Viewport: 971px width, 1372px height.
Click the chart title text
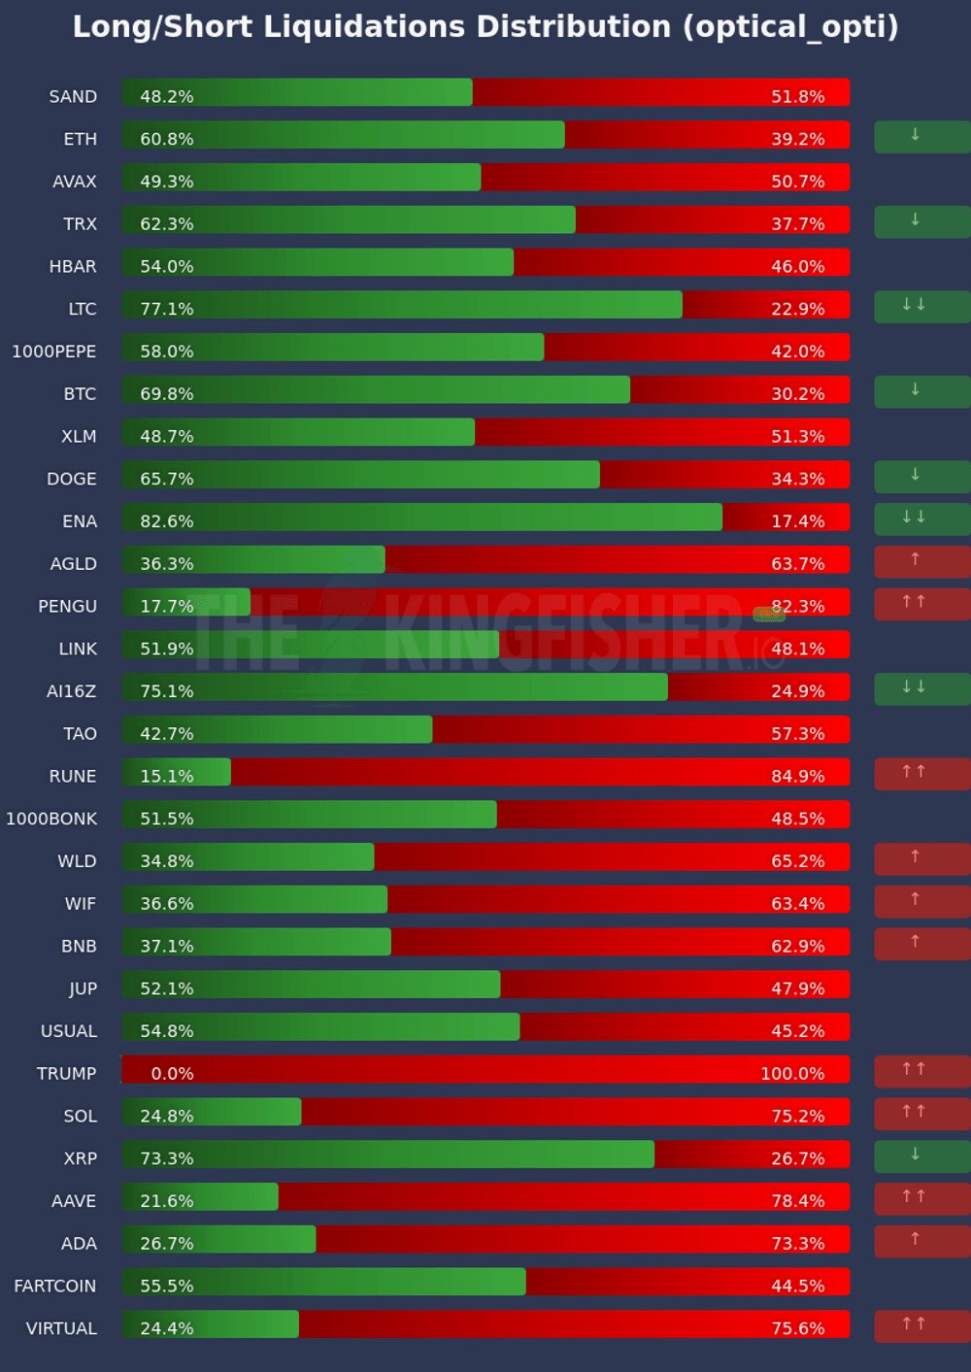[485, 27]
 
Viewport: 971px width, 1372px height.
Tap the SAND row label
[73, 96]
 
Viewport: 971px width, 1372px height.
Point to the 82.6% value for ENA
[167, 521]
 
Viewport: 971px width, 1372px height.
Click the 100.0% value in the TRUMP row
[792, 1074]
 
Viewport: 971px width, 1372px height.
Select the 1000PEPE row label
[54, 351]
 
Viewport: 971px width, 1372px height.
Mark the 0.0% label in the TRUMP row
[172, 1074]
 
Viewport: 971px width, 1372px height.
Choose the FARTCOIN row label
[55, 1287]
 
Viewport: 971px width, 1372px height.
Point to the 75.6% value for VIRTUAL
[798, 1328]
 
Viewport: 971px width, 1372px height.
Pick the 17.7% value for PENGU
[167, 606]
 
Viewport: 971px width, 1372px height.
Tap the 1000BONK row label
[51, 819]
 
